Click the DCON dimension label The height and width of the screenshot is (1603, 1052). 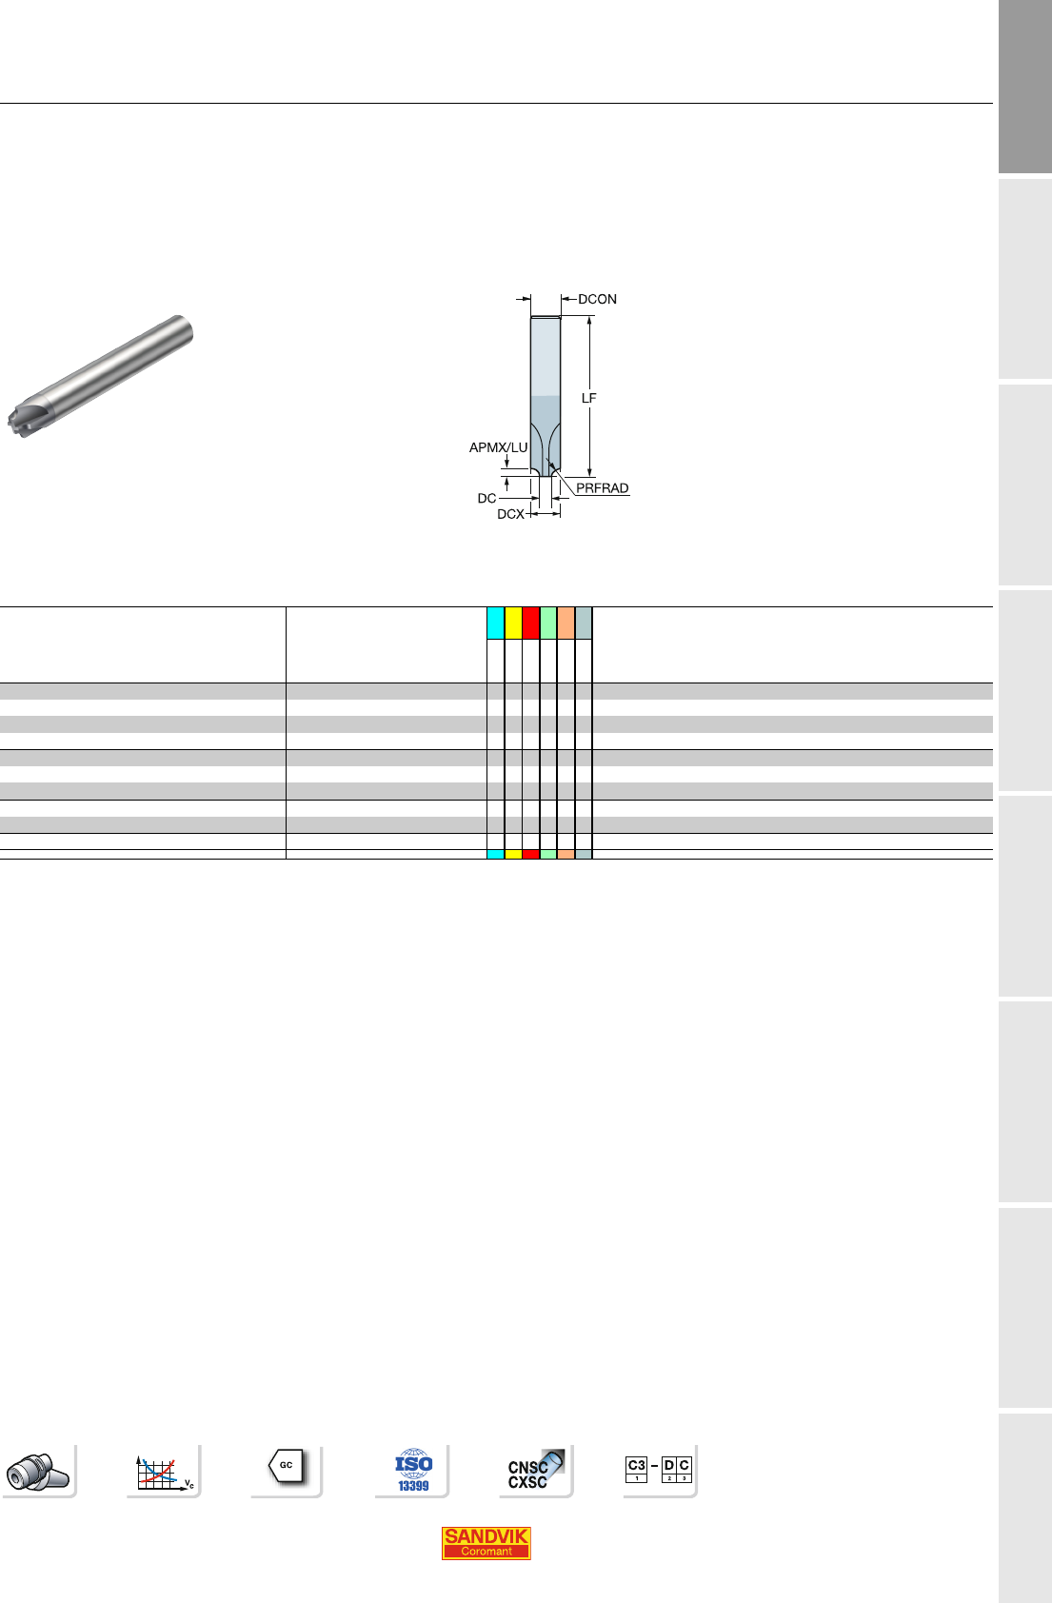(597, 299)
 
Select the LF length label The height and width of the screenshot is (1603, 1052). (588, 398)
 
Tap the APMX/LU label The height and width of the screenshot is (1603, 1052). (498, 447)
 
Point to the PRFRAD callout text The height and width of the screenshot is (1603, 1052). (603, 488)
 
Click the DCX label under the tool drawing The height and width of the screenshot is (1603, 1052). (511, 514)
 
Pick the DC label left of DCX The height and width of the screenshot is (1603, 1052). (486, 498)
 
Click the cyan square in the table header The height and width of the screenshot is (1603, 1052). (495, 623)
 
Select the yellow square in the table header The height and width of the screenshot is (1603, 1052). (513, 623)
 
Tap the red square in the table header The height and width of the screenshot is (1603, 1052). (531, 623)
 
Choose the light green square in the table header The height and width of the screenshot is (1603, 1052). (548, 623)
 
